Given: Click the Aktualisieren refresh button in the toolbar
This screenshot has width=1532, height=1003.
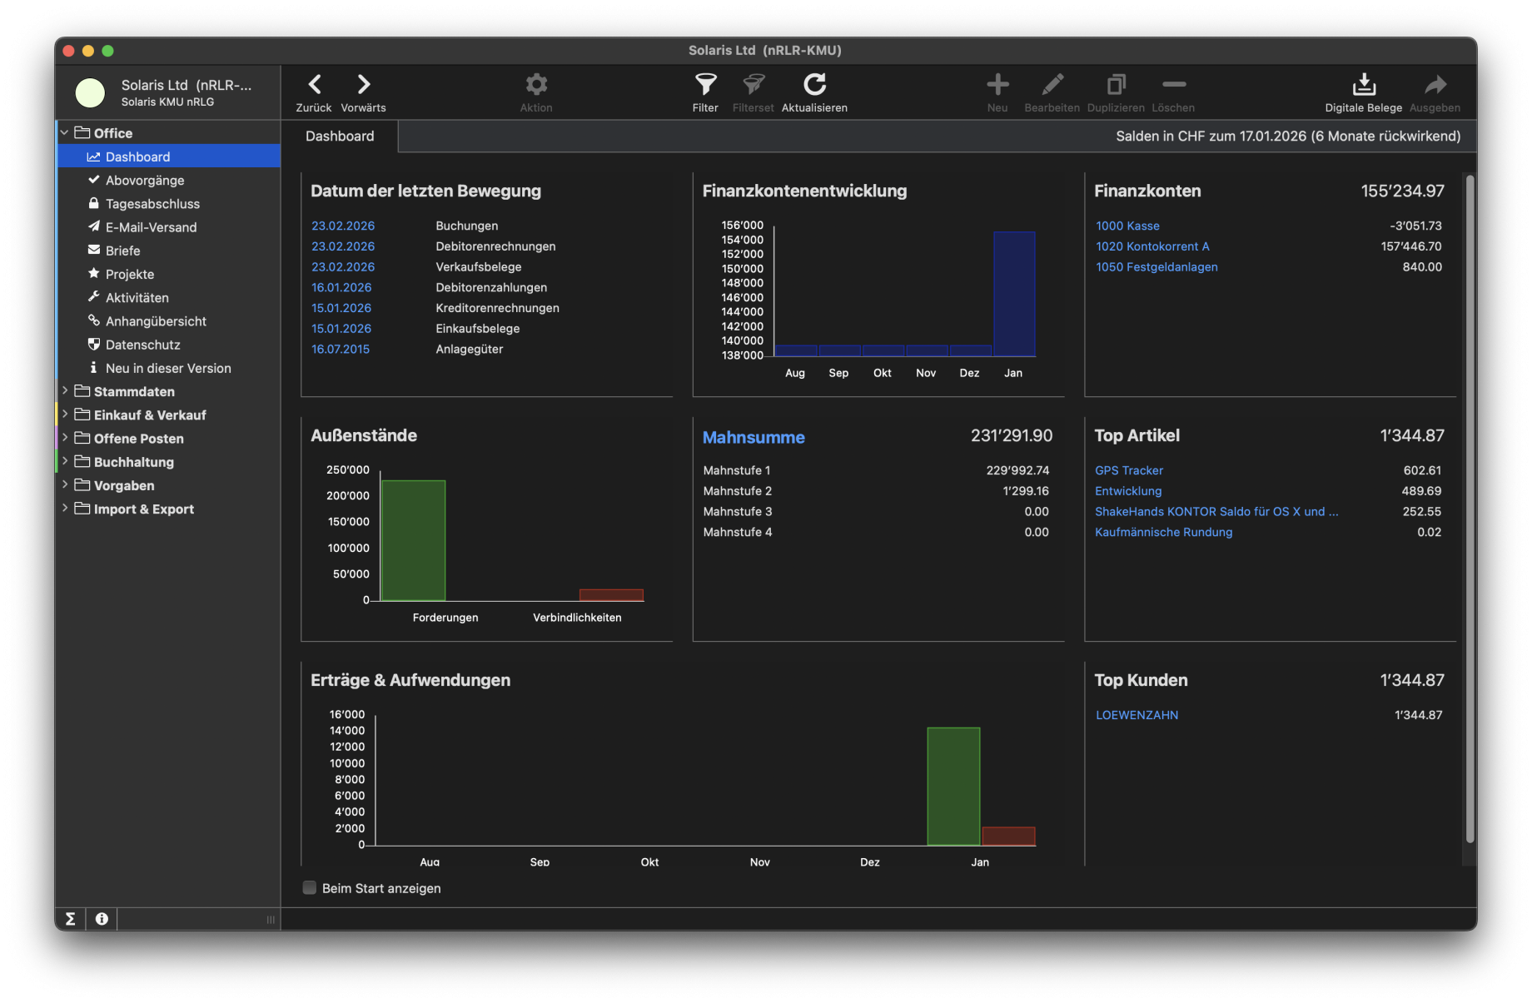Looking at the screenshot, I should [x=814, y=85].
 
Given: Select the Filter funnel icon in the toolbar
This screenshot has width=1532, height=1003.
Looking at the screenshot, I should [x=705, y=85].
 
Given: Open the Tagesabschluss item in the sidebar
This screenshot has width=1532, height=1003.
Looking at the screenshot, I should [x=152, y=204].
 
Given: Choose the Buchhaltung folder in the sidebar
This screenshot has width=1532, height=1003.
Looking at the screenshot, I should [x=133, y=462].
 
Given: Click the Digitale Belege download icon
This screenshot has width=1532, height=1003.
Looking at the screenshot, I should [x=1363, y=85].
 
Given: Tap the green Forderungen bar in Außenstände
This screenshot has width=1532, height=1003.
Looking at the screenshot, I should [x=413, y=540].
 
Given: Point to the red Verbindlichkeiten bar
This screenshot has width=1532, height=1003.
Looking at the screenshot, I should [x=611, y=595].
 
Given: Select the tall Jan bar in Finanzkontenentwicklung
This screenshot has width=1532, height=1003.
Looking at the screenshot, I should [x=1014, y=293].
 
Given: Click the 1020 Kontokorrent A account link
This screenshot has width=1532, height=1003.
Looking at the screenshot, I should [x=1152, y=246].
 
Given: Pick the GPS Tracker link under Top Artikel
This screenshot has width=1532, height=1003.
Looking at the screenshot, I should [x=1128, y=470].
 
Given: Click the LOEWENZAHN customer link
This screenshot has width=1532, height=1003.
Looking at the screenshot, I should [x=1137, y=715].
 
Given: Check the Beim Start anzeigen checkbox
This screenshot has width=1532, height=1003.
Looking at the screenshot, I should [x=310, y=888].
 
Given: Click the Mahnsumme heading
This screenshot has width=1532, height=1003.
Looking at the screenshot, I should [x=754, y=437].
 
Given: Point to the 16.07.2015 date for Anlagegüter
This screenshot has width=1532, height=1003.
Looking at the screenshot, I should [x=341, y=350].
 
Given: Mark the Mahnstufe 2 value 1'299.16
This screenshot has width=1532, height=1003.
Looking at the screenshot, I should [x=1026, y=491].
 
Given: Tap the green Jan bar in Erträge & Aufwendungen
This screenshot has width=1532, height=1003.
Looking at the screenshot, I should [x=953, y=787].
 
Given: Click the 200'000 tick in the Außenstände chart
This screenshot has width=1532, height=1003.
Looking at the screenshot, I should [x=348, y=496].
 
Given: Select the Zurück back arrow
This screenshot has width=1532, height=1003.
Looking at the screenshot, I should [x=314, y=85].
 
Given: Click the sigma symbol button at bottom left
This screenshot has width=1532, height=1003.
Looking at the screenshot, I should [x=71, y=919].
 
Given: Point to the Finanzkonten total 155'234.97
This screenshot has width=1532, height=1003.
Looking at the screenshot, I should [x=1402, y=191].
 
